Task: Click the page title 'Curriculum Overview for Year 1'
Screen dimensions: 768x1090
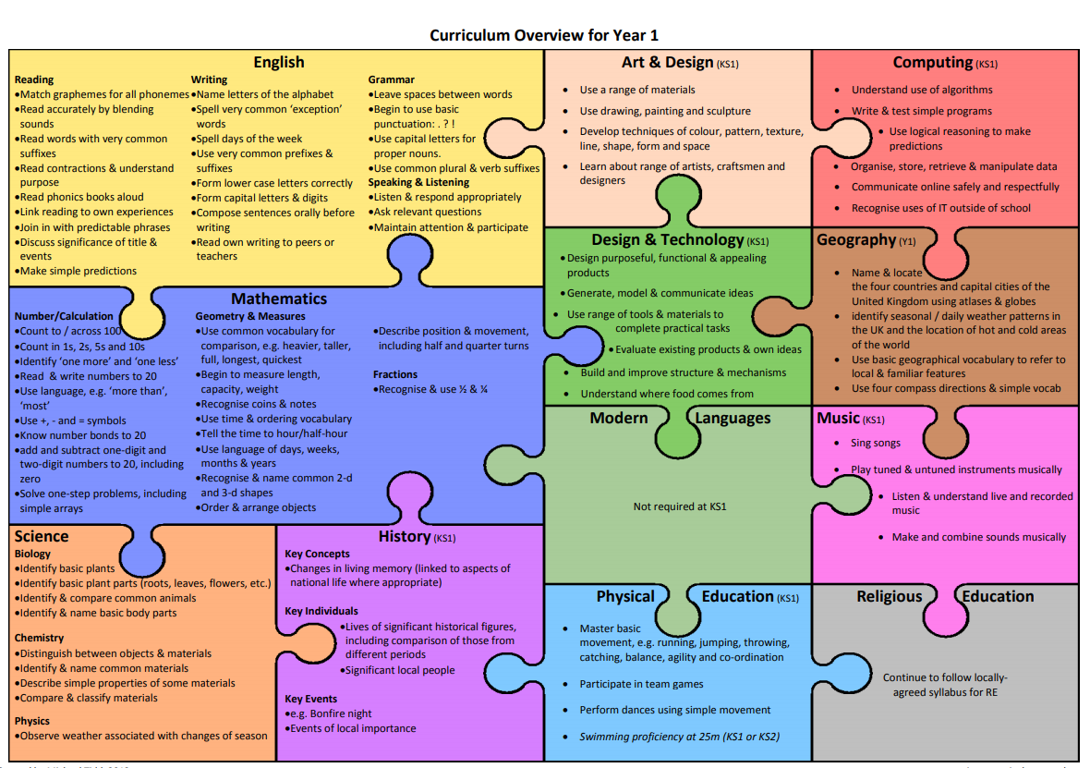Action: click(x=544, y=35)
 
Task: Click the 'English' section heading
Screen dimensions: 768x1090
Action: click(x=278, y=62)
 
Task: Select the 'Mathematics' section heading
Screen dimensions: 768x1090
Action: click(x=279, y=299)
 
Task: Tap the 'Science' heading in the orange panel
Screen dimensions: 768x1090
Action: click(x=42, y=536)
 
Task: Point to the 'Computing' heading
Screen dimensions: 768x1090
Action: click(x=932, y=62)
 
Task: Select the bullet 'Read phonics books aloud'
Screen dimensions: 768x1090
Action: click(x=81, y=197)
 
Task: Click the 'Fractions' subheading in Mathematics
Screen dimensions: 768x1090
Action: click(x=395, y=374)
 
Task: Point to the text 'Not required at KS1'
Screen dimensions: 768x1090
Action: click(x=679, y=506)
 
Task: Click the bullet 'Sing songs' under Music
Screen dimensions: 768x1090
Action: click(x=875, y=444)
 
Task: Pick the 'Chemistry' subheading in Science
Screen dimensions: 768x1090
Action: click(x=40, y=638)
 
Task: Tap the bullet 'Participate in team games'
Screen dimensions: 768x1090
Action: click(x=641, y=684)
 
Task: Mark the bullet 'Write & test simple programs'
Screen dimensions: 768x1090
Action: click(x=922, y=111)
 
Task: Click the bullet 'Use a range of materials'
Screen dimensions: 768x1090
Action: click(x=637, y=90)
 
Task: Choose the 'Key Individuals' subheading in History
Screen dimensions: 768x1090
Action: click(x=321, y=611)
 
